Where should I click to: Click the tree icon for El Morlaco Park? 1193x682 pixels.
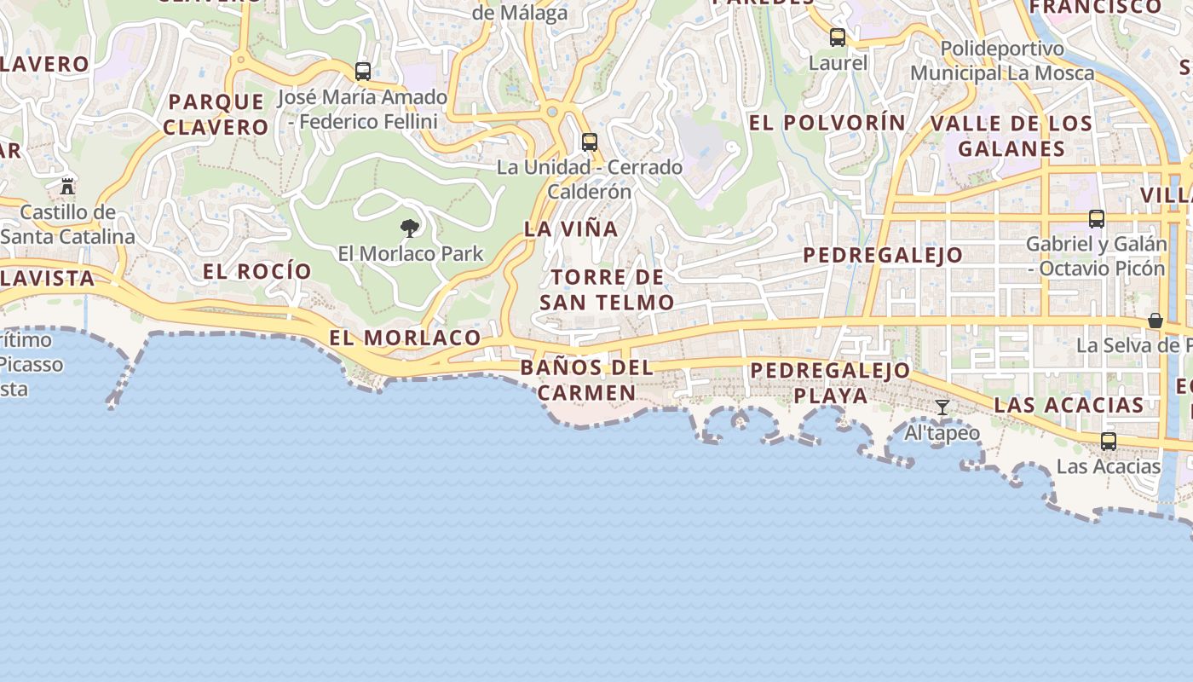[410, 228]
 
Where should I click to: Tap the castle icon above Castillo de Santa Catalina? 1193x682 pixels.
[67, 185]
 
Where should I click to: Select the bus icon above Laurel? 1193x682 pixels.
[838, 38]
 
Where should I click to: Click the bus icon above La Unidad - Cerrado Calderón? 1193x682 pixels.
[589, 142]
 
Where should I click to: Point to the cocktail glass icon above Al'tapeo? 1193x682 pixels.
[942, 407]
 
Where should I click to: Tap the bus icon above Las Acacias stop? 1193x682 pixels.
[1108, 441]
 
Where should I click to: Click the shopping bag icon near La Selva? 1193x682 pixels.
[1155, 321]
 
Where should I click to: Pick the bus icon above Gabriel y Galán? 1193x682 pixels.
[1096, 218]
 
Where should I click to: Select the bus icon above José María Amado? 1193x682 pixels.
[363, 72]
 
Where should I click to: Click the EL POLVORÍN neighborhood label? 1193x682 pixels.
[827, 123]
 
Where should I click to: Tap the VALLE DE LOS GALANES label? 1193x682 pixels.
[1011, 136]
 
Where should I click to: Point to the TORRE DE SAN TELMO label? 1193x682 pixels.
[607, 289]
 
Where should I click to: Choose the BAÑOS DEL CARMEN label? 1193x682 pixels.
[587, 380]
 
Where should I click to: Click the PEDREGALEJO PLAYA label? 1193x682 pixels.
[831, 383]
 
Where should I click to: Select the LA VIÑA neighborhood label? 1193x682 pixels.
[571, 228]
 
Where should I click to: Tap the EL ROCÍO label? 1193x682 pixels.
[257, 271]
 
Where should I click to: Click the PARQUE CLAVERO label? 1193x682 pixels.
[216, 114]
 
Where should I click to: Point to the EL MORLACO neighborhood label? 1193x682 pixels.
[406, 338]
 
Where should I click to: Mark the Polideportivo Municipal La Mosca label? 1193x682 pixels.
[1002, 61]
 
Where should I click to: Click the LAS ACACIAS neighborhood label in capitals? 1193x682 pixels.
[1069, 405]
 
